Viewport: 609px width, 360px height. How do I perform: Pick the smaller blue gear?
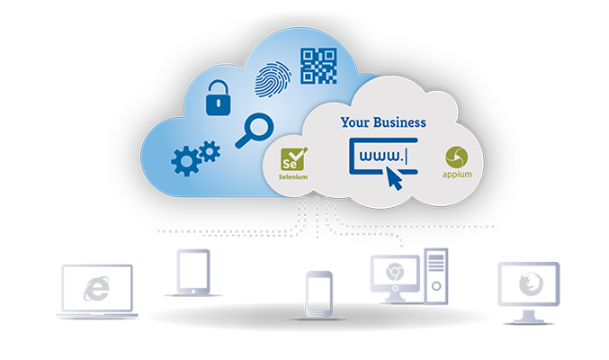point(210,150)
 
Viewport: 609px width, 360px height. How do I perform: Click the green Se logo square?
point(293,163)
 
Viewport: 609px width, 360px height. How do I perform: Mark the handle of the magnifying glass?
point(240,140)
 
